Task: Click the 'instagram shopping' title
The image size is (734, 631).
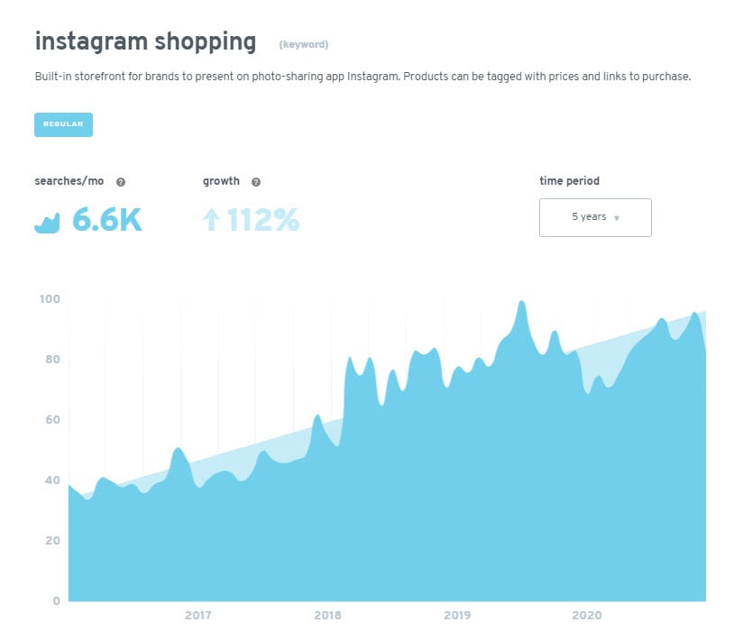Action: pos(145,41)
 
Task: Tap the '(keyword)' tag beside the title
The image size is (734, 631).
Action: pos(304,44)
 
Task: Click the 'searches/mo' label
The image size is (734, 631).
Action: pos(69,181)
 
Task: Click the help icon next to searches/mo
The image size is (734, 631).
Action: pos(121,182)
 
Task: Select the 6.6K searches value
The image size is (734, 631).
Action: pos(107,219)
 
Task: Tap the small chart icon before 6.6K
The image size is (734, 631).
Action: pos(47,222)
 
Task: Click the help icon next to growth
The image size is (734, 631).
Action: pos(256,182)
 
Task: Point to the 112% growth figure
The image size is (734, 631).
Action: pos(263,219)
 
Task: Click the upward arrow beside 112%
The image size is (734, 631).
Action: pos(212,219)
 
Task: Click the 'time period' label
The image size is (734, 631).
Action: pos(569,181)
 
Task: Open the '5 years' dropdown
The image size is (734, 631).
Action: pos(595,217)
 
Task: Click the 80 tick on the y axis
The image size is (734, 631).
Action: pos(51,360)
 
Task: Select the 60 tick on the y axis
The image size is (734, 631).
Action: pos(51,420)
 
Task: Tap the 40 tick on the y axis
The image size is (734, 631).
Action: pos(51,480)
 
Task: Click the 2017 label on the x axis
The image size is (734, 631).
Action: pos(197,616)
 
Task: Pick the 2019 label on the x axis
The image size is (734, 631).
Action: pos(457,616)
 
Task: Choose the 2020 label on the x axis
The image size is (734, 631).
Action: pos(587,616)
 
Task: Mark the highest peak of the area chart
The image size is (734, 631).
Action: pos(521,302)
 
